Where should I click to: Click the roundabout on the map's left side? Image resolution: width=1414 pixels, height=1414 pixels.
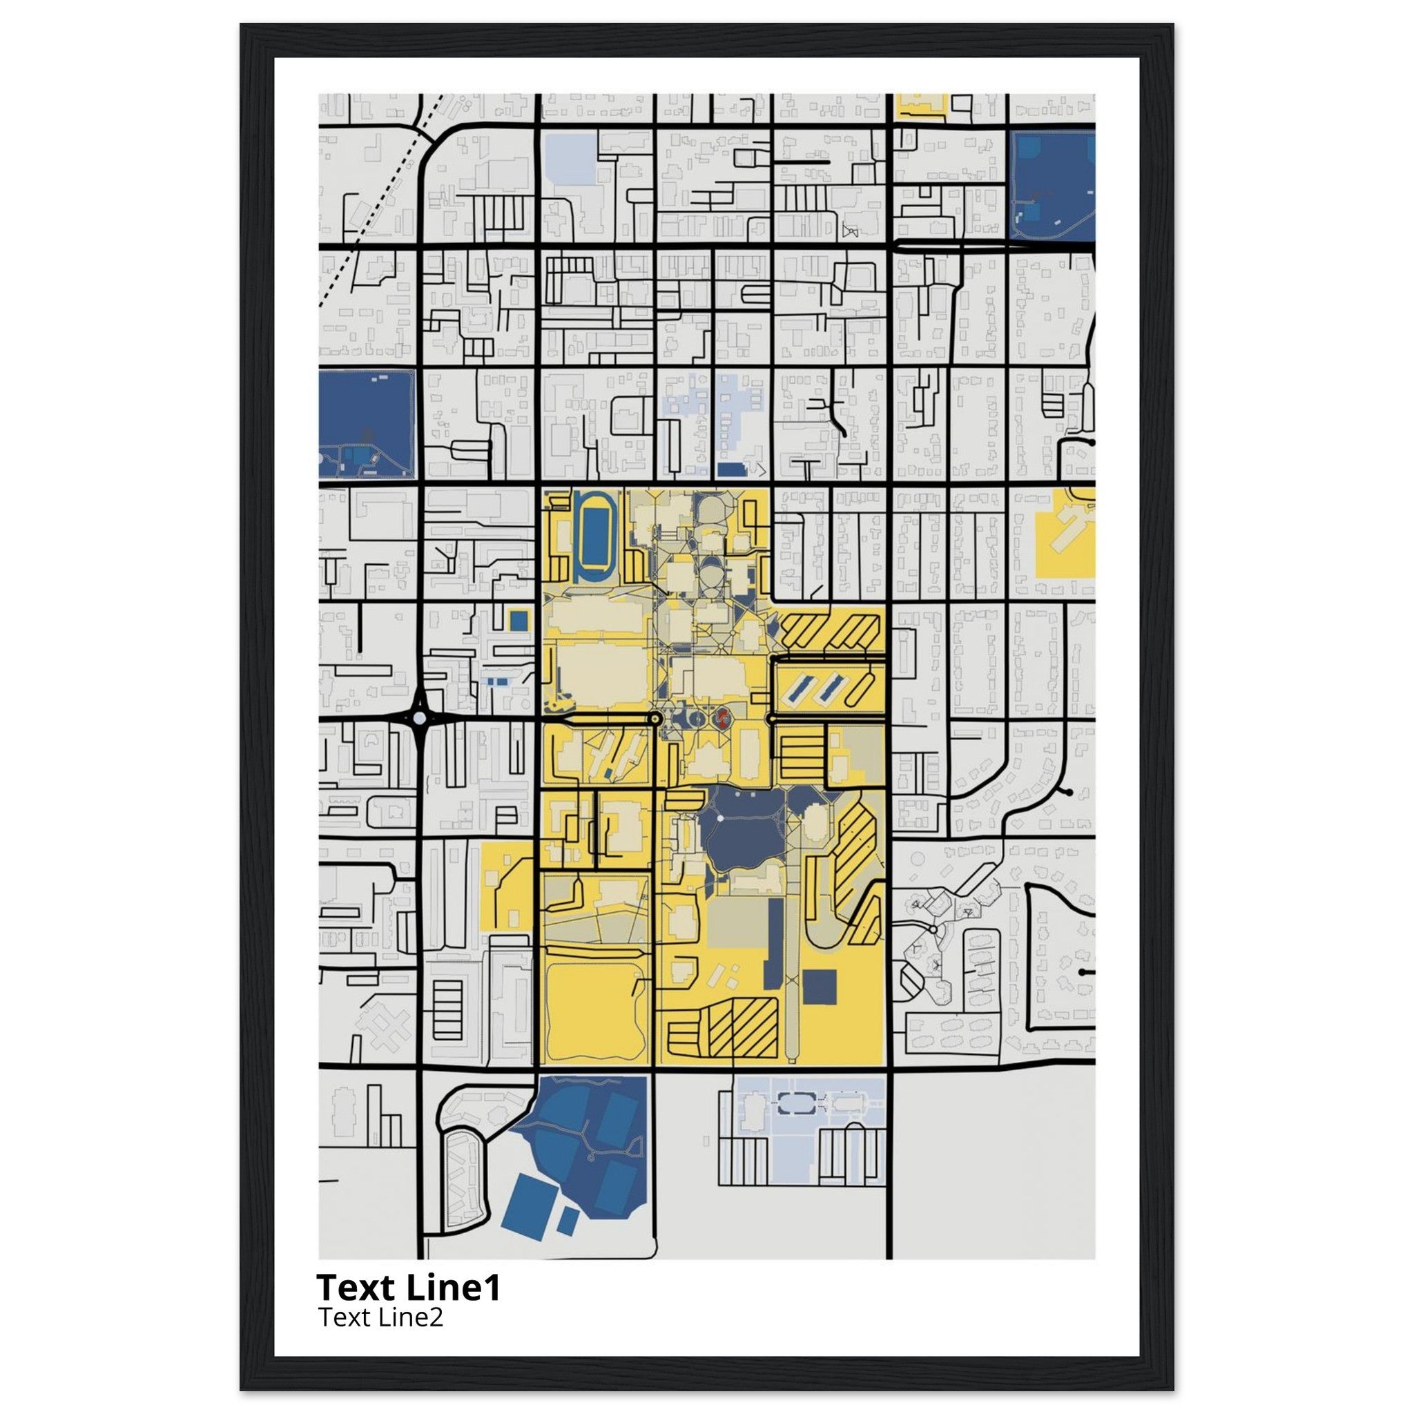[x=419, y=719]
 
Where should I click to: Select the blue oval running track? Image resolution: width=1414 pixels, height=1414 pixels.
[x=597, y=537]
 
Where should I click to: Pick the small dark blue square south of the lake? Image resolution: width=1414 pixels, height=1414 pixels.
[x=820, y=987]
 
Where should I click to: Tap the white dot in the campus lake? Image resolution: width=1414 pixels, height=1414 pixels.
[x=720, y=817]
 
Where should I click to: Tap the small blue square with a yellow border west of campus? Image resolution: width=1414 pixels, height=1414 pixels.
[x=519, y=620]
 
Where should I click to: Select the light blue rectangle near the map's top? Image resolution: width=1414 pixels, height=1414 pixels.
[x=572, y=158]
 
